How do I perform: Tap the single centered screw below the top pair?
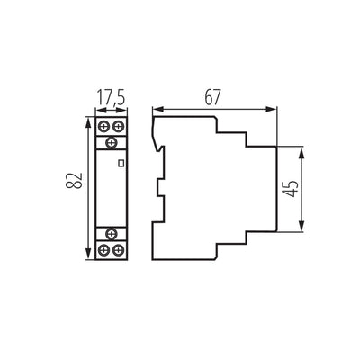pyautogui.click(x=111, y=143)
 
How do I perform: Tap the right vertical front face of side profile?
pyautogui.click(x=275, y=190)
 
